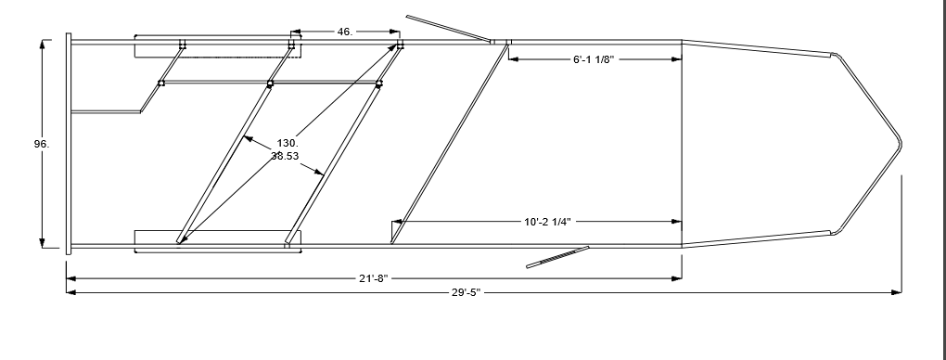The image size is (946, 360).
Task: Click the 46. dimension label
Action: pos(344,32)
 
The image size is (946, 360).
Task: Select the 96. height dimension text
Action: pos(42,144)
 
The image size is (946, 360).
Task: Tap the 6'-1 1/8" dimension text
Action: pos(594,59)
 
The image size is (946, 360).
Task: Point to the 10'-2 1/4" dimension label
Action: pos(547,222)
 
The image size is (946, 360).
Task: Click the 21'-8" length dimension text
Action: pos(374,278)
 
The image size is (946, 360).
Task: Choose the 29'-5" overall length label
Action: pos(467,292)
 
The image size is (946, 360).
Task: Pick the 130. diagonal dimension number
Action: pos(288,143)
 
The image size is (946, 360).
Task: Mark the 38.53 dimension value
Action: pos(285,156)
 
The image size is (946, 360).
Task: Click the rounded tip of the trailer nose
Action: pos(901,144)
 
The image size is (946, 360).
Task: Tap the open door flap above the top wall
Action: pos(448,29)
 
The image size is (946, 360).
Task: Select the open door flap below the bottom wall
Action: pos(557,257)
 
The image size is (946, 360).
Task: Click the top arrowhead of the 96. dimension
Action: pos(43,45)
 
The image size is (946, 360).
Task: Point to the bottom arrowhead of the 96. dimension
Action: pos(43,243)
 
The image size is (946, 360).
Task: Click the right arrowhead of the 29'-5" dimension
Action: pos(897,292)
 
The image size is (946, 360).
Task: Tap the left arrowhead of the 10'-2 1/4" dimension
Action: pos(398,222)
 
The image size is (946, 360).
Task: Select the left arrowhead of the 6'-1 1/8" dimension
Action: pos(514,59)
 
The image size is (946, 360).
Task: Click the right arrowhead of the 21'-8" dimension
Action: pos(676,278)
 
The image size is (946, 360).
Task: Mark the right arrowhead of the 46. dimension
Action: pos(394,32)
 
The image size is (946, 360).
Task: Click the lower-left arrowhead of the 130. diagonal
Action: pos(182,239)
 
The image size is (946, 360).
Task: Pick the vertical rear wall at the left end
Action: pos(69,144)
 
